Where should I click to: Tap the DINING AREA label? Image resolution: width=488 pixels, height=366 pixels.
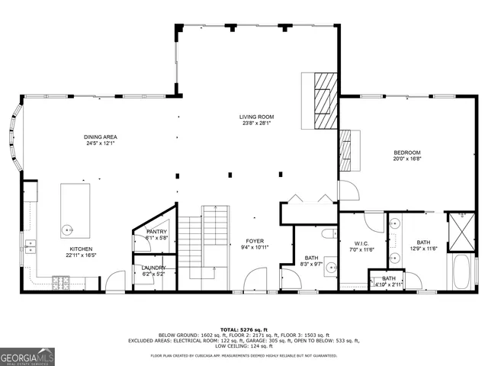click(101, 137)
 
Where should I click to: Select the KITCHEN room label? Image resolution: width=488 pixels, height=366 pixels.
click(81, 249)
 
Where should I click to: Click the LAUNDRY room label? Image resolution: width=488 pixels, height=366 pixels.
click(154, 268)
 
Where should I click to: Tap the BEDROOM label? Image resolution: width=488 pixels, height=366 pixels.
click(407, 152)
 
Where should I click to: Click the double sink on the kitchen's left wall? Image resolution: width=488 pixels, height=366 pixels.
click(30, 246)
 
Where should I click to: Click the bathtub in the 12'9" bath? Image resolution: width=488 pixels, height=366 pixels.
click(460, 272)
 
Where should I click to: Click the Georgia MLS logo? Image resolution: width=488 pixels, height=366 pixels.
click(27, 357)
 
